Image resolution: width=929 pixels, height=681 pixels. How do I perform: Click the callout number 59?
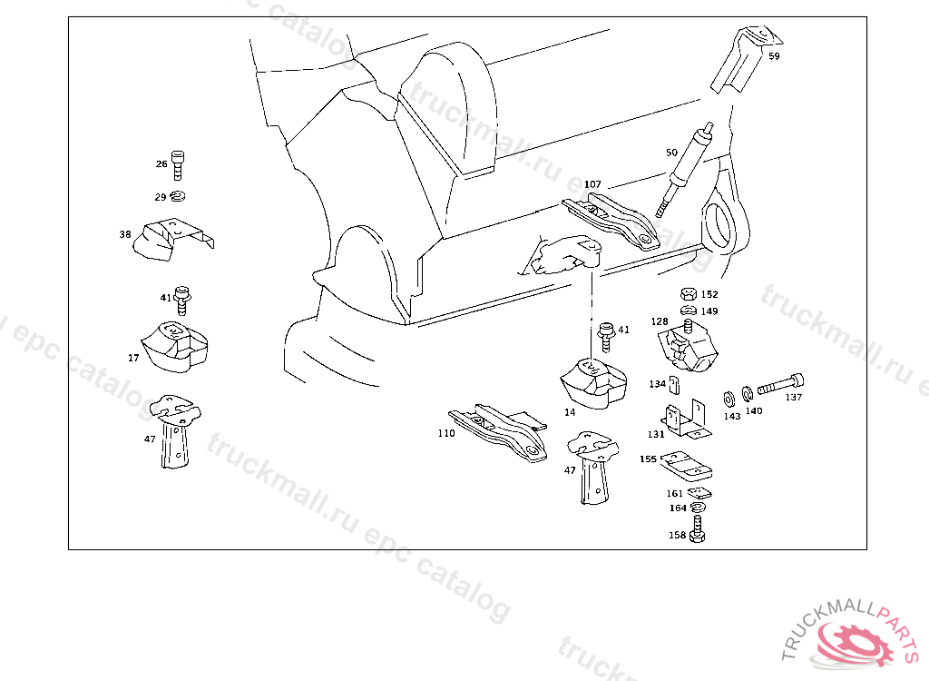(x=774, y=56)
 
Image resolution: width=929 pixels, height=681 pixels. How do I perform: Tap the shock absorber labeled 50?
(x=685, y=166)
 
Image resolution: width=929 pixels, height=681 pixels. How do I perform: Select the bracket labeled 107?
(x=611, y=219)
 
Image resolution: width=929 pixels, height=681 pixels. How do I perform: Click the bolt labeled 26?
(x=178, y=164)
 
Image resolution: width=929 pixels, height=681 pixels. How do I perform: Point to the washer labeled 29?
(x=179, y=196)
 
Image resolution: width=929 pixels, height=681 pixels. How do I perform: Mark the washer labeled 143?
(x=729, y=398)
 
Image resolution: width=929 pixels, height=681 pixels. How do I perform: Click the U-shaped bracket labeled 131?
(x=686, y=418)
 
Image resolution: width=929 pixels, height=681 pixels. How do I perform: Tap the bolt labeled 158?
(x=697, y=530)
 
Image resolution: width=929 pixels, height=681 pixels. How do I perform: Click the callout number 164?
(x=678, y=508)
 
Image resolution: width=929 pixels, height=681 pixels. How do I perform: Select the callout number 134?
(x=658, y=384)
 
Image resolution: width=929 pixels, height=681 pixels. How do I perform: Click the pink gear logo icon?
(x=853, y=642)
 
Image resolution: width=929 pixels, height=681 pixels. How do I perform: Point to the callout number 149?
(x=709, y=311)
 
